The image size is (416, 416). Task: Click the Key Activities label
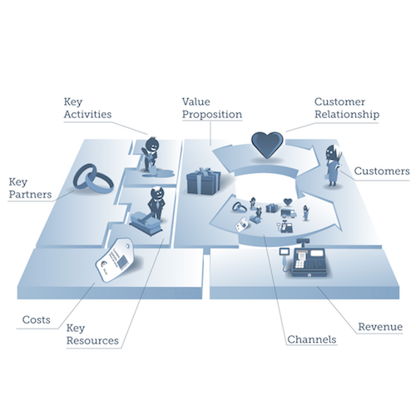coord(87,108)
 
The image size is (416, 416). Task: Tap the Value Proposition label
coord(212,108)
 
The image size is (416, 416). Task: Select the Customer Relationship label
coord(347,108)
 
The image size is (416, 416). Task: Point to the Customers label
coord(382,171)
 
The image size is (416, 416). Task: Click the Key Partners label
coord(30,188)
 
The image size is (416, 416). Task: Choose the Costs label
coord(37,319)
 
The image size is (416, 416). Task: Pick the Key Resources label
coord(92,334)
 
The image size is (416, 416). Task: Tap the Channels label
coord(312,339)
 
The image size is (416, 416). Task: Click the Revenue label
coord(380,327)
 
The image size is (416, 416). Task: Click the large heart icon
coord(267,145)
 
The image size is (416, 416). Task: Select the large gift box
coord(204,181)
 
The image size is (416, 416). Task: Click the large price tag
coord(114,260)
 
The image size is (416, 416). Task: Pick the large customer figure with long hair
coord(333,166)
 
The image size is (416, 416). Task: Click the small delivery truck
coord(289,213)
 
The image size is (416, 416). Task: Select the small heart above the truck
coord(288,202)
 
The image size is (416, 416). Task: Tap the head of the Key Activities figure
coord(152,144)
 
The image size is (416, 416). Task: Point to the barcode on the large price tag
coord(122,262)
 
